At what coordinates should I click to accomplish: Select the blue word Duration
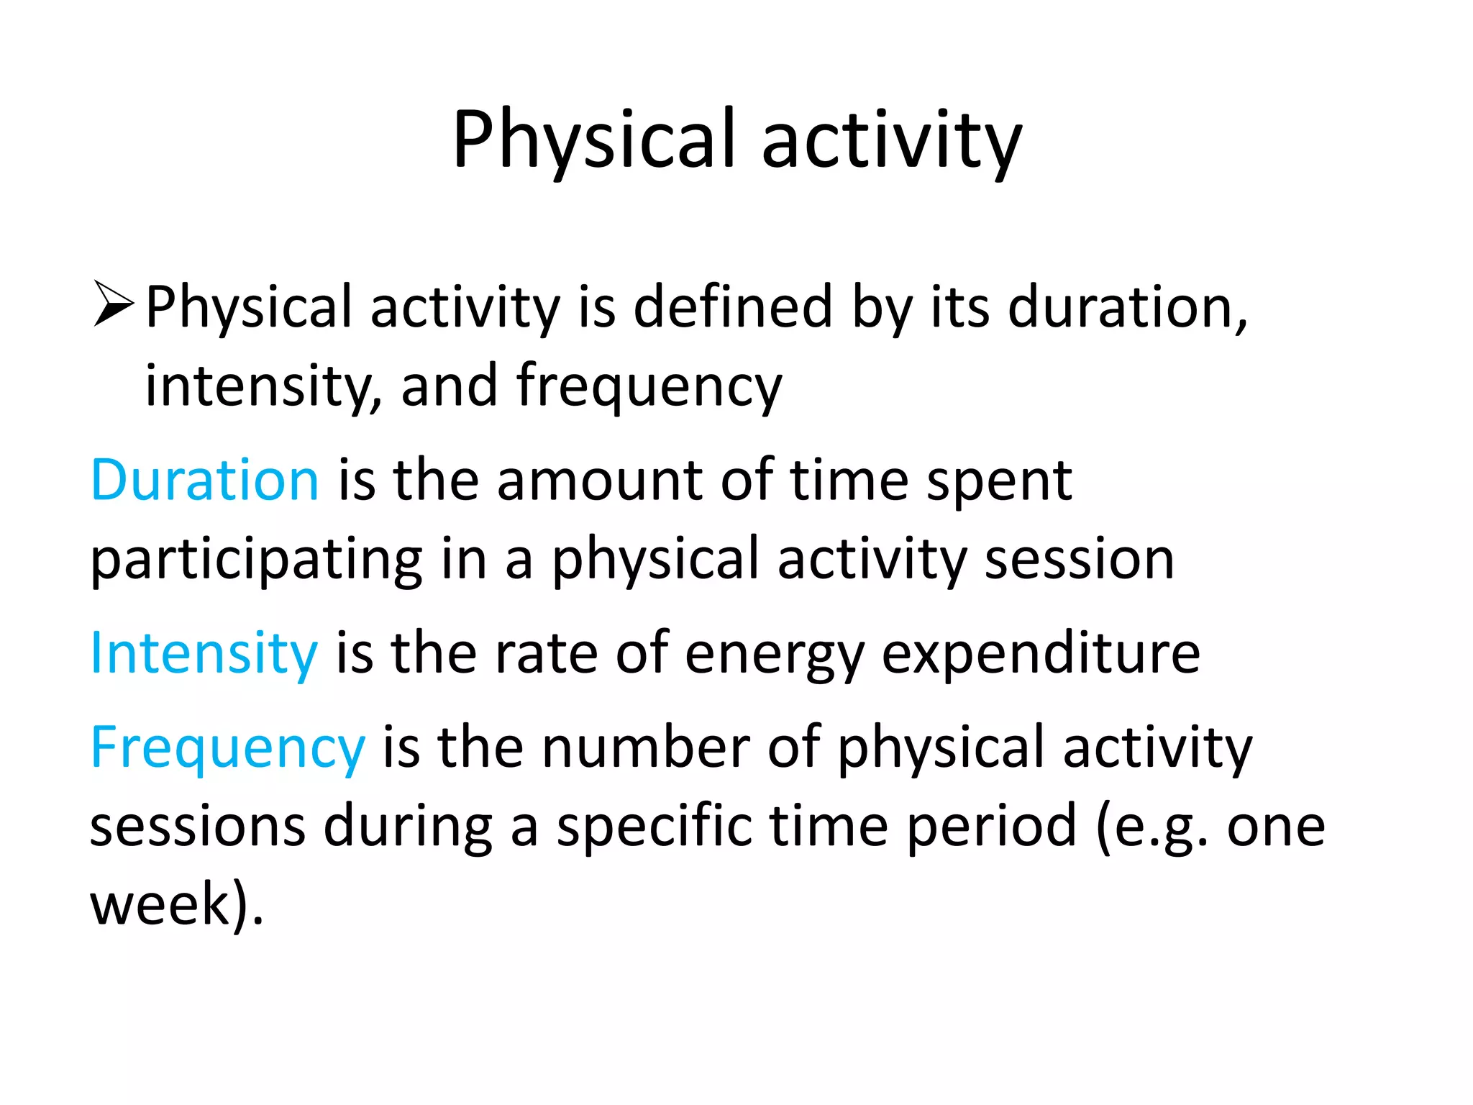click(204, 480)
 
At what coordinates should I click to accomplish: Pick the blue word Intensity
click(204, 652)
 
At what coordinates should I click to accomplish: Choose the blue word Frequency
click(227, 748)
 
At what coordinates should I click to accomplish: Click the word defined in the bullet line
click(732, 307)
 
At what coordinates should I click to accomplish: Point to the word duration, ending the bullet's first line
click(1126, 307)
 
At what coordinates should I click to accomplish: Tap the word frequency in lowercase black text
click(649, 386)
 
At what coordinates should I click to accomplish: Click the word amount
click(599, 480)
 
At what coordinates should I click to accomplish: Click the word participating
click(256, 560)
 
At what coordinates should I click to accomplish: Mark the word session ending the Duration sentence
click(1079, 560)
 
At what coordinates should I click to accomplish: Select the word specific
click(654, 827)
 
